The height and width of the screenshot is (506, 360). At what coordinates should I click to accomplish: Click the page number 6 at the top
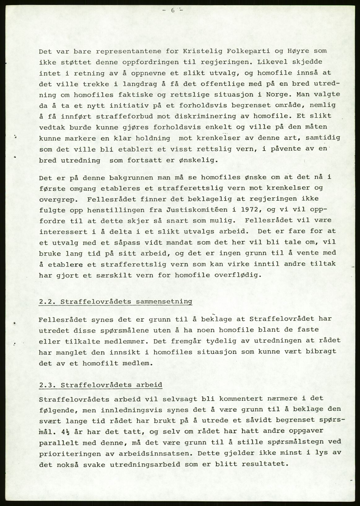pos(173,11)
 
